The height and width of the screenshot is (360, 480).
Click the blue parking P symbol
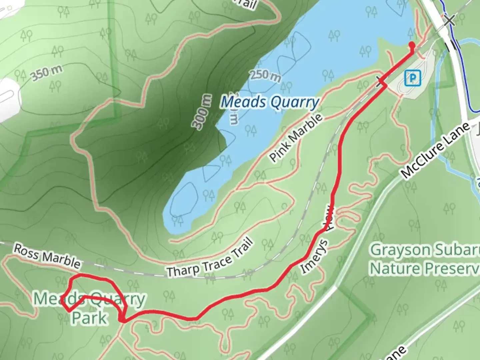[x=413, y=78]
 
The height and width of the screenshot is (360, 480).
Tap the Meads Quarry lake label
[x=270, y=102]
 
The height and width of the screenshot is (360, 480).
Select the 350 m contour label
[x=47, y=73]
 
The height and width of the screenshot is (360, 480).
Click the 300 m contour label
[x=202, y=111]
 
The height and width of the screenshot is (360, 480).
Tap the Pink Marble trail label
[x=296, y=138]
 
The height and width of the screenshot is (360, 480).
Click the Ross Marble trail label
[x=47, y=256]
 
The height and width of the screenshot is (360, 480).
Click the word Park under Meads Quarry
[x=89, y=318]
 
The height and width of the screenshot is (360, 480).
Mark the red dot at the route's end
[x=412, y=44]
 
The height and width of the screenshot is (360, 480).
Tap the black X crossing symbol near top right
[x=449, y=20]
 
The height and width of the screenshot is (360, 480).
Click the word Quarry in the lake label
[x=295, y=102]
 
